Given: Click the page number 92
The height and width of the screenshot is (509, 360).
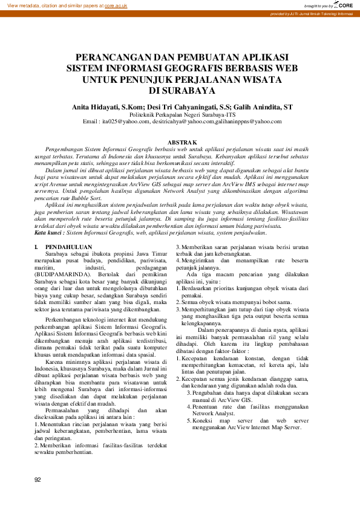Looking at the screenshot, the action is point(38,479).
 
